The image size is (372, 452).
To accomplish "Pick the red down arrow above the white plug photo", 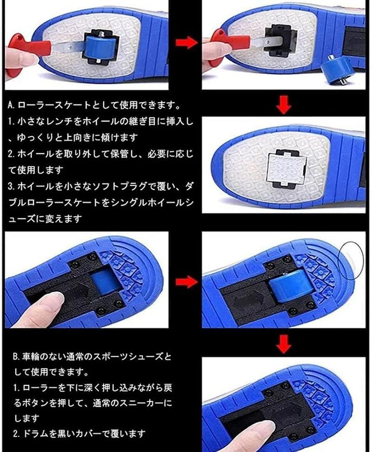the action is coord(284,105).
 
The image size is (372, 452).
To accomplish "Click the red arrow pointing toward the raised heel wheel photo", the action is coord(186,282).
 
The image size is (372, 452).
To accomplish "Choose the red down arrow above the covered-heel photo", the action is coord(284,344).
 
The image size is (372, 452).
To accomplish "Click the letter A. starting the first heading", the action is coord(12,105).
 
